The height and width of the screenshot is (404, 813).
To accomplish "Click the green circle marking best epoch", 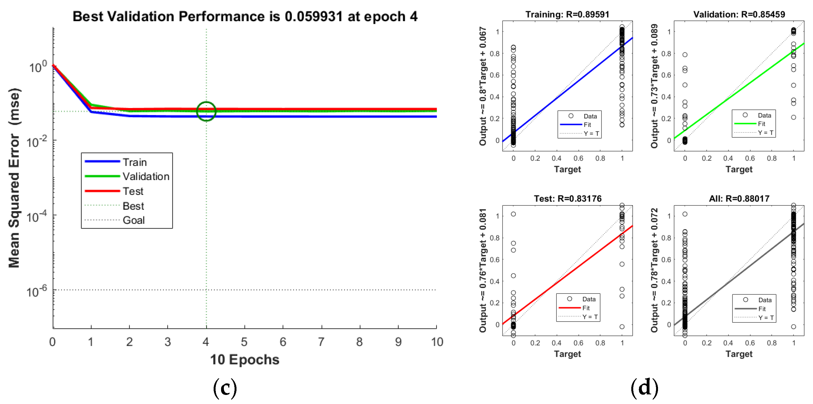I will [x=206, y=111].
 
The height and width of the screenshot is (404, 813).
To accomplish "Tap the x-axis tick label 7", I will [x=321, y=342].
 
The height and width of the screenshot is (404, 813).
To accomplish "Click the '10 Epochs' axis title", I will [x=244, y=359].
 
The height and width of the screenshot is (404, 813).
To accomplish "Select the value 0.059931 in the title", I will [x=313, y=16].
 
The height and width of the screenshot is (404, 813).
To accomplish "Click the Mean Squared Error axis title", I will [x=14, y=178].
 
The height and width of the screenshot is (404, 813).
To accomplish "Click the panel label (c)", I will [x=225, y=388].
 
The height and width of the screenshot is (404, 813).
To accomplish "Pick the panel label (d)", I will [x=645, y=388].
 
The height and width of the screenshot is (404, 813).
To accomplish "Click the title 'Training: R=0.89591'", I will [x=567, y=15].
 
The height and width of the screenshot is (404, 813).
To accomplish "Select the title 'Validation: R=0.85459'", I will [x=739, y=15].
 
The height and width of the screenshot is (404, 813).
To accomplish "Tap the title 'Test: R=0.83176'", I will [x=567, y=198].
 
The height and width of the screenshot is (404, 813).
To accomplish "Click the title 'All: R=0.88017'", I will [x=739, y=198].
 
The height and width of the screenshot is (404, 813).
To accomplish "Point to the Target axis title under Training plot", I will [x=567, y=170].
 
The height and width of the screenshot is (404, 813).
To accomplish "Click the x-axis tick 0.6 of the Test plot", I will [x=578, y=343].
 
